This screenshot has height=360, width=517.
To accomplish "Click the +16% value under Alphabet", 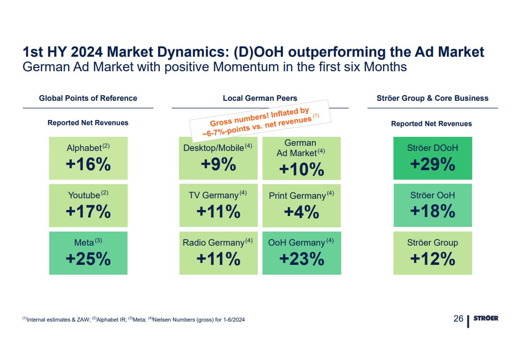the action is [89, 164].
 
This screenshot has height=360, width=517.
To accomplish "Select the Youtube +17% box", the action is [89, 205].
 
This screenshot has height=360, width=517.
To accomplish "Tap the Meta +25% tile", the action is [89, 253].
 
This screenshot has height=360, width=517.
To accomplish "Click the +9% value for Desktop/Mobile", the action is [218, 164].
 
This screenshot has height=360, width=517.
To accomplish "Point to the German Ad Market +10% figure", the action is [301, 169].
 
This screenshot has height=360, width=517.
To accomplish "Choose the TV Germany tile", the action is [218, 205].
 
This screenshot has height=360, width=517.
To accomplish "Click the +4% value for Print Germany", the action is [301, 212].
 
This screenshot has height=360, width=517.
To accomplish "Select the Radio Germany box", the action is [218, 253].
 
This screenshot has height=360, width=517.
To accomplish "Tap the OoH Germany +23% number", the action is [301, 259].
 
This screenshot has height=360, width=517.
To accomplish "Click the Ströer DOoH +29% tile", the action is [433, 158].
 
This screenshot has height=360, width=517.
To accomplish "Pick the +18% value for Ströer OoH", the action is [433, 211].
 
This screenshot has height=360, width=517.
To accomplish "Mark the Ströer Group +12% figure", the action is [433, 259].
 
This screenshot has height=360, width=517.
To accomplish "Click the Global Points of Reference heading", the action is [88, 98].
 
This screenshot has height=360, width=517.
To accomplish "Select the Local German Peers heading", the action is [260, 98].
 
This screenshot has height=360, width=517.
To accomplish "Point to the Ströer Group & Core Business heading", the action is [433, 98].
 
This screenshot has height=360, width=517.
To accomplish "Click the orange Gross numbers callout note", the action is [260, 121].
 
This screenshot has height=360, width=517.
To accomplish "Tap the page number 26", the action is [458, 318].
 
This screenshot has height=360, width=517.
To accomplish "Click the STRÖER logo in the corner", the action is [486, 318].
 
